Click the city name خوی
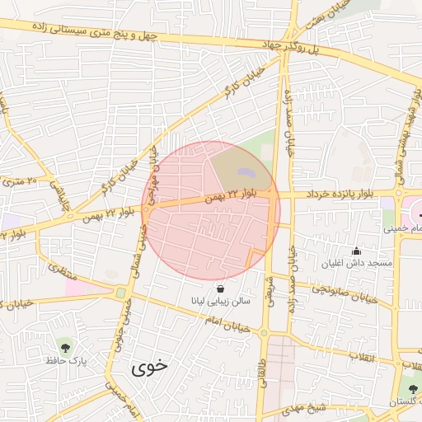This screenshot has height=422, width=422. [149, 368]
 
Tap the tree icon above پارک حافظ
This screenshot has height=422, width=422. [65, 347]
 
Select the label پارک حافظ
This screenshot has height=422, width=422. [66, 362]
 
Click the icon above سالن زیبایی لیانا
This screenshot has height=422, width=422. [220, 288]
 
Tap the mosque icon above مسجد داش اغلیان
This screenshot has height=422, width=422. [356, 251]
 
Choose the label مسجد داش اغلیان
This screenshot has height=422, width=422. [357, 263]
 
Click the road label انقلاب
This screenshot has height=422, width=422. [362, 356]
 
